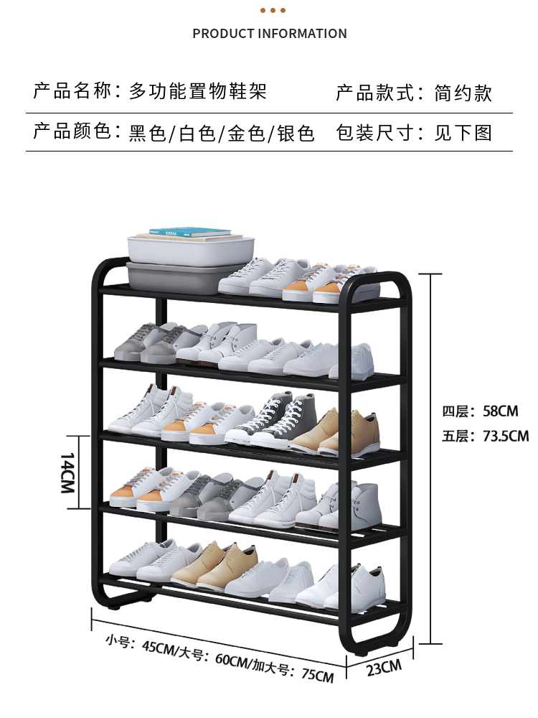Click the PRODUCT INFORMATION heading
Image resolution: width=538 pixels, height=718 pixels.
(x=270, y=34)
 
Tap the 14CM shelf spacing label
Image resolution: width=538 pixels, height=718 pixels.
(x=67, y=472)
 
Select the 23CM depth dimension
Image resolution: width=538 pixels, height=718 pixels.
(x=384, y=668)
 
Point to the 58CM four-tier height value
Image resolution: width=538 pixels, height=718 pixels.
(x=501, y=411)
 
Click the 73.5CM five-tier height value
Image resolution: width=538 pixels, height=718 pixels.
(x=506, y=436)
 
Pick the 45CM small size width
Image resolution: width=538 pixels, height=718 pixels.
(x=159, y=647)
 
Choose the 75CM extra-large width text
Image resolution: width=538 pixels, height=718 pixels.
(x=318, y=675)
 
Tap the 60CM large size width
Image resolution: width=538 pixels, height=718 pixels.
(x=232, y=661)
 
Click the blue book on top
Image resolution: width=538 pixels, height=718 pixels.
(x=190, y=232)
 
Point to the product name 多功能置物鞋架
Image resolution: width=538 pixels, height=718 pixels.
(x=198, y=91)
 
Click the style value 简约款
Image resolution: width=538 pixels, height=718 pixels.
(x=463, y=93)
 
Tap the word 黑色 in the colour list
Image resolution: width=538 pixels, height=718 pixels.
(x=147, y=134)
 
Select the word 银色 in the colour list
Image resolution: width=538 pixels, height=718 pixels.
(x=296, y=134)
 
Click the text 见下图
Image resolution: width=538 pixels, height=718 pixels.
(x=463, y=133)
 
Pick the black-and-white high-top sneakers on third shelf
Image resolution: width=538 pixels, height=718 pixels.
(x=272, y=420)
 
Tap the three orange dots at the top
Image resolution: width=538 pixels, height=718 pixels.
(x=273, y=11)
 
